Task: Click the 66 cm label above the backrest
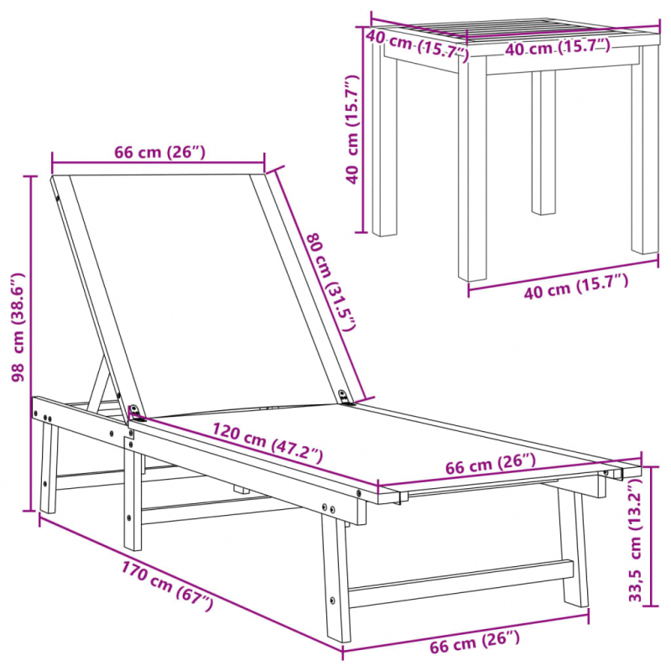pos(159,152)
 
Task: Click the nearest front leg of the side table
pos(472,168)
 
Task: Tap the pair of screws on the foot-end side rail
pos(330,507)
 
